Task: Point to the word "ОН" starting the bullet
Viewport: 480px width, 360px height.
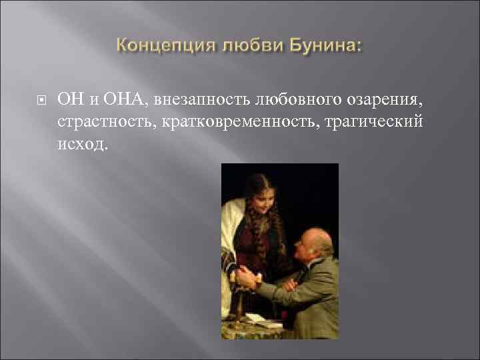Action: [69, 100]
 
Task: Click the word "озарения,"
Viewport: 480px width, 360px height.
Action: [385, 100]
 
